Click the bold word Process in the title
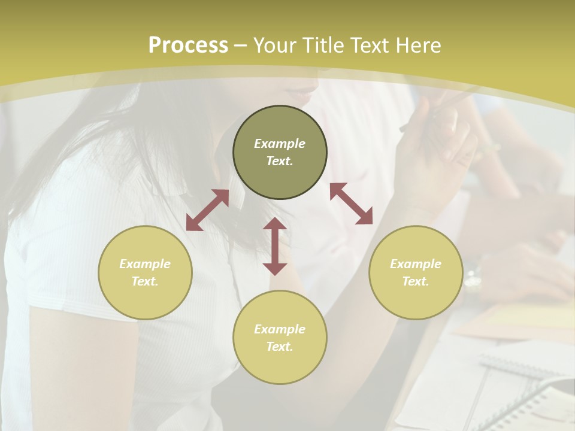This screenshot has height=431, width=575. (x=188, y=45)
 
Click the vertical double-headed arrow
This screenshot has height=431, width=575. (x=275, y=246)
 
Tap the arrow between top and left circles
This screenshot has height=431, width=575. (x=207, y=210)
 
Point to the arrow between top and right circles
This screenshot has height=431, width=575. (x=352, y=204)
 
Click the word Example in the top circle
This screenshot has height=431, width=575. (x=280, y=144)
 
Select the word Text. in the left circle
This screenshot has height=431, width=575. (x=145, y=281)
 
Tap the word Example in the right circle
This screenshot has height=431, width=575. (x=416, y=264)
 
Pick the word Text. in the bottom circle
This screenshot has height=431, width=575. (x=280, y=347)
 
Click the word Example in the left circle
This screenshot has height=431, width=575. (x=145, y=264)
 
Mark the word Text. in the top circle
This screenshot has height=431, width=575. (x=280, y=161)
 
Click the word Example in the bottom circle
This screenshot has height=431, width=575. (x=280, y=329)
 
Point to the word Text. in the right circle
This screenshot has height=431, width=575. (x=416, y=281)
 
